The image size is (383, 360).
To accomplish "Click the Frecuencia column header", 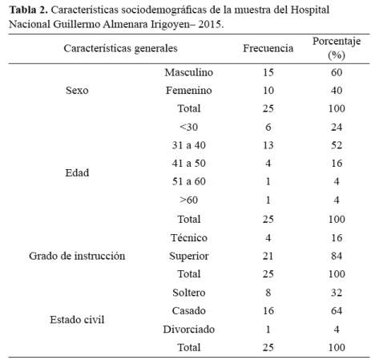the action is [x=268, y=48].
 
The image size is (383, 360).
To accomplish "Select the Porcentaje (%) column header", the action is [x=337, y=48].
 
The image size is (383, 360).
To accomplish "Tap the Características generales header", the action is [x=120, y=48].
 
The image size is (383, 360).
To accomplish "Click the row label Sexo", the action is [x=77, y=91].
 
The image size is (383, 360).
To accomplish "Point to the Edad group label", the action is [x=77, y=172].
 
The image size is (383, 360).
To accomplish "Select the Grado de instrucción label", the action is [x=77, y=256].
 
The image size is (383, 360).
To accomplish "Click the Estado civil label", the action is [x=77, y=320].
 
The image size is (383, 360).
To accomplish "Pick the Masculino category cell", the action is [x=189, y=72].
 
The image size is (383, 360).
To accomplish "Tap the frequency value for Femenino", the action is [x=268, y=91].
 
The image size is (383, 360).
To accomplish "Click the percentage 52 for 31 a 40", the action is [x=337, y=145].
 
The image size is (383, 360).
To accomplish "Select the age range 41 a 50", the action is [x=189, y=164].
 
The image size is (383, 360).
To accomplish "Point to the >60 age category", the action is [x=189, y=200].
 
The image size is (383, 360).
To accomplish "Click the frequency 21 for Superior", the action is [x=268, y=256].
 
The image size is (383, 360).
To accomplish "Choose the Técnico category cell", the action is [x=189, y=237].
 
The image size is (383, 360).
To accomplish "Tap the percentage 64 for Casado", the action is [x=337, y=311].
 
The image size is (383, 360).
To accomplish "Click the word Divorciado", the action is [x=189, y=330].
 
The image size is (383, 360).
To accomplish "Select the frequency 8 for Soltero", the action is [x=268, y=293].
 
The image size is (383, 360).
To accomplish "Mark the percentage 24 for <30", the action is [x=337, y=127].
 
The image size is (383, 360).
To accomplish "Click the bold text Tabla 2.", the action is [x=28, y=10].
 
